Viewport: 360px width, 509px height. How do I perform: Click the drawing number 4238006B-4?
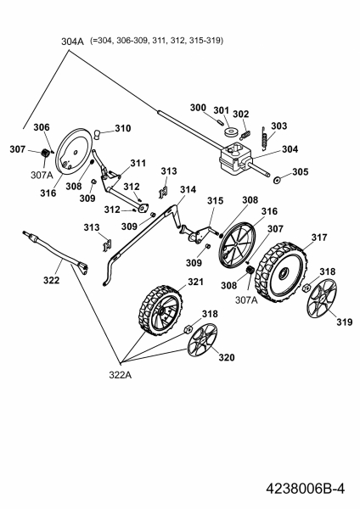tap(305, 489)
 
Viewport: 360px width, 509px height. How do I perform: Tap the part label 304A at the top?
tap(72, 42)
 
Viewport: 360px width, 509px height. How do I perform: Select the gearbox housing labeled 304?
tap(235, 158)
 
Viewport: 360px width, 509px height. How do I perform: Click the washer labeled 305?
tap(278, 180)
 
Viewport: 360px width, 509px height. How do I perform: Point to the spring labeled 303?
tap(264, 138)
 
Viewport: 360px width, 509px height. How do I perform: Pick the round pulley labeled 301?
tap(231, 132)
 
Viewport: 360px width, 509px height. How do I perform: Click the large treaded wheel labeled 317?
tap(281, 272)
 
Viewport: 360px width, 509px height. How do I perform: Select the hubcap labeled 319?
tap(322, 298)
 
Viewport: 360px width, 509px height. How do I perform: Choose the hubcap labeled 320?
tap(202, 342)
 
